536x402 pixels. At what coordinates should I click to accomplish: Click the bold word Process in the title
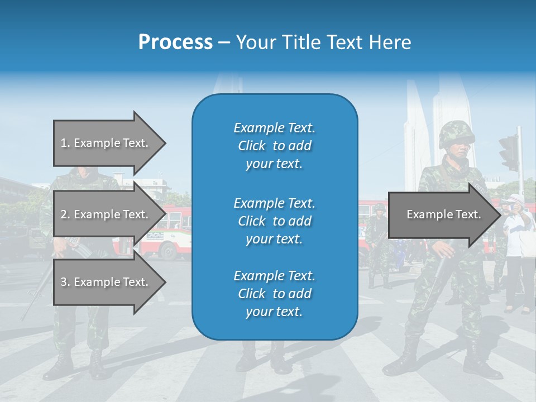[175, 42]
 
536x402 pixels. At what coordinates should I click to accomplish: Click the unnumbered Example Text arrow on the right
[444, 214]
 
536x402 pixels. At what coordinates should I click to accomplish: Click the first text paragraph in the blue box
[274, 146]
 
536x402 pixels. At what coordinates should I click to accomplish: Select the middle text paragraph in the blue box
[274, 221]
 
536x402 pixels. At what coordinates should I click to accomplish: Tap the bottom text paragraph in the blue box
[274, 294]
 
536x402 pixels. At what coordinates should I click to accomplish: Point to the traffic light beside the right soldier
[509, 152]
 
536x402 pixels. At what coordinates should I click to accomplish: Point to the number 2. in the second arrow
[65, 214]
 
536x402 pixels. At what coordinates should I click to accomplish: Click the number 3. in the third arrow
[65, 282]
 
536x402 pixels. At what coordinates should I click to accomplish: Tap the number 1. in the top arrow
[65, 143]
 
